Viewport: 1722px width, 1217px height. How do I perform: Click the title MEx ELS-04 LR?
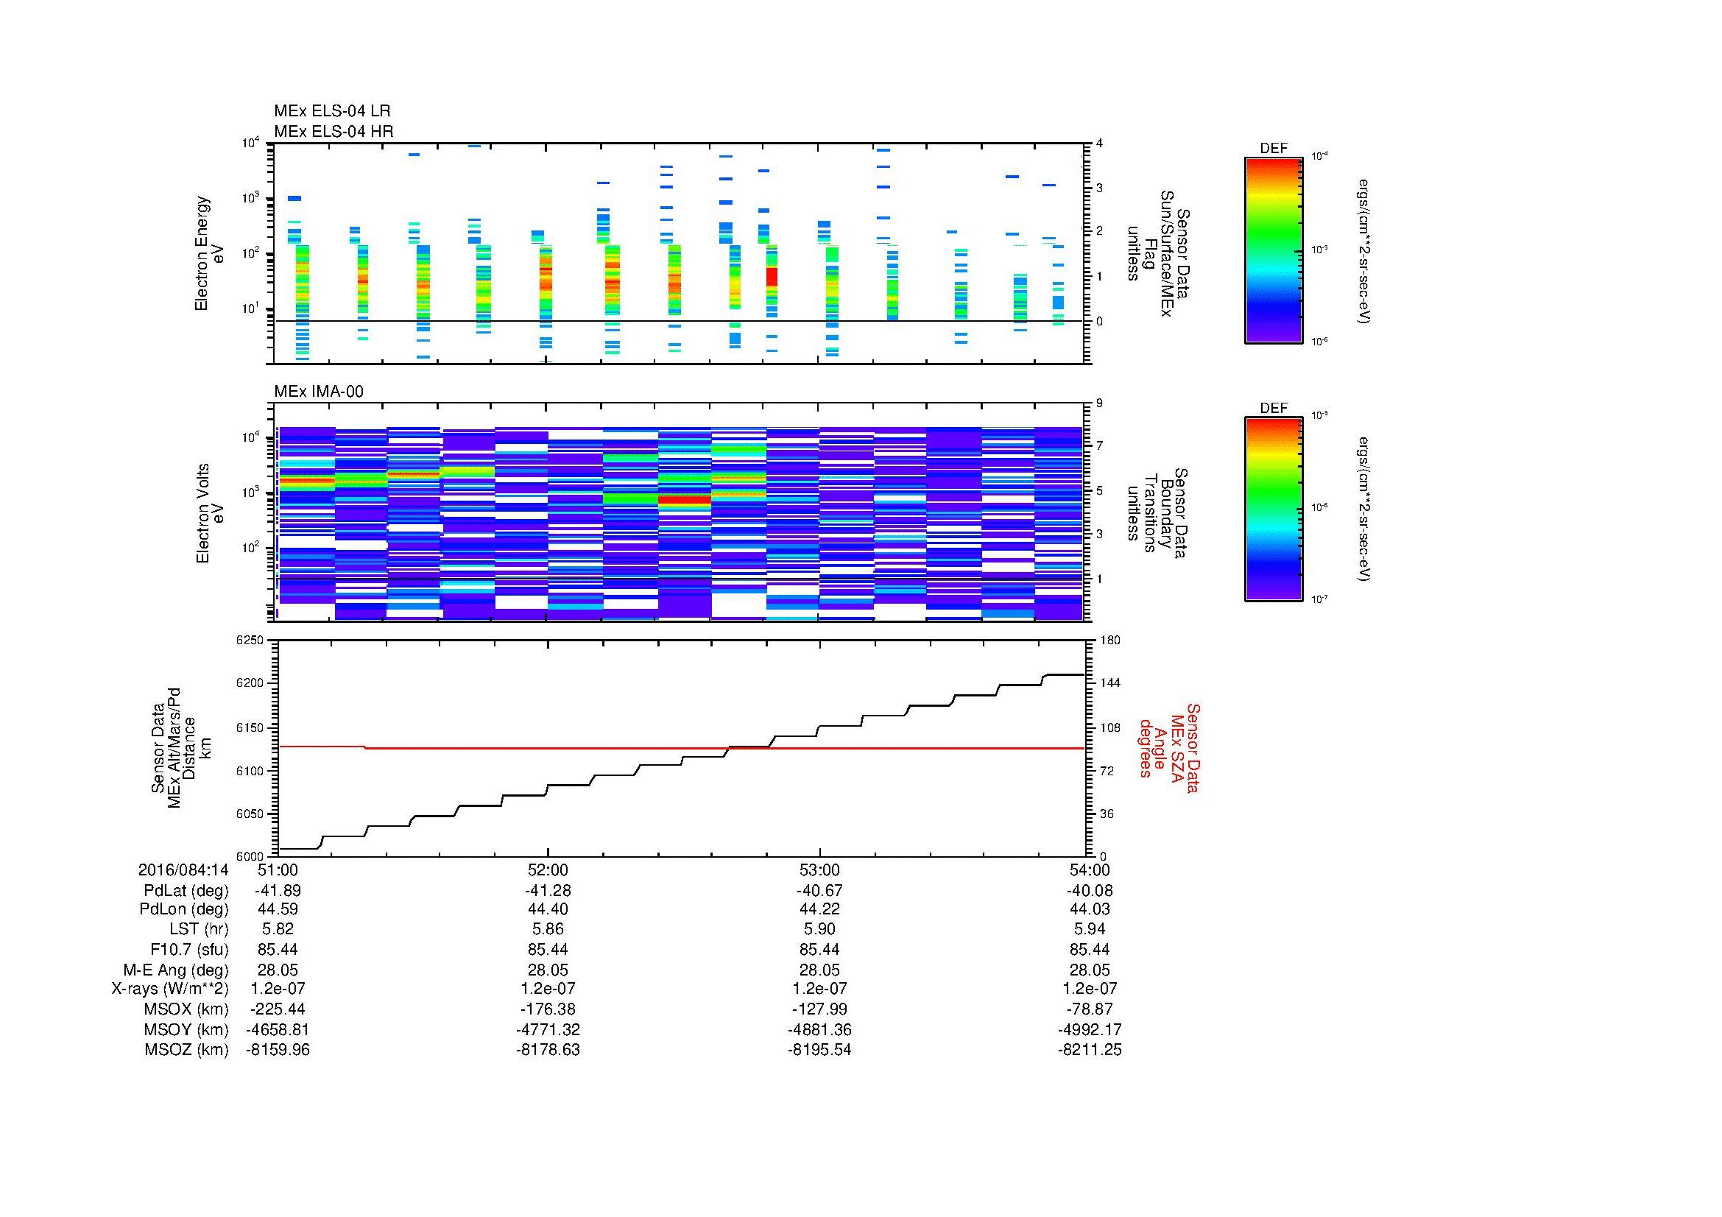tap(331, 111)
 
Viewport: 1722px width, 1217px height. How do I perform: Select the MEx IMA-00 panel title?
tap(318, 392)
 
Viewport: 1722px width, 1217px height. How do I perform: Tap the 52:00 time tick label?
tap(548, 869)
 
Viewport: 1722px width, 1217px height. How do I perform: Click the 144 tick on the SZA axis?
tap(1109, 683)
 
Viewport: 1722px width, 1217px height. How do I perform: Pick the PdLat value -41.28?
tap(548, 891)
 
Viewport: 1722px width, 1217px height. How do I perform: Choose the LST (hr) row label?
tap(199, 930)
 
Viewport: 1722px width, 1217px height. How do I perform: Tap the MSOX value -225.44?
tap(278, 1010)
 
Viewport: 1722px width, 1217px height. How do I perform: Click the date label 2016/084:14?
tap(183, 869)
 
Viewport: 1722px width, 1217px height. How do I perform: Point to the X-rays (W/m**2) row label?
tap(170, 989)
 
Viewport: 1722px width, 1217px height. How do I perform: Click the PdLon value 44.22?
tap(819, 909)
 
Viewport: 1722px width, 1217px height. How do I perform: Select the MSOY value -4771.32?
tap(548, 1030)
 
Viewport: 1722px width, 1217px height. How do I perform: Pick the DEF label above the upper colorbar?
tap(1273, 149)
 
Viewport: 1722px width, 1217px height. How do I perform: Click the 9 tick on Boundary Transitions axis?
tap(1099, 403)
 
